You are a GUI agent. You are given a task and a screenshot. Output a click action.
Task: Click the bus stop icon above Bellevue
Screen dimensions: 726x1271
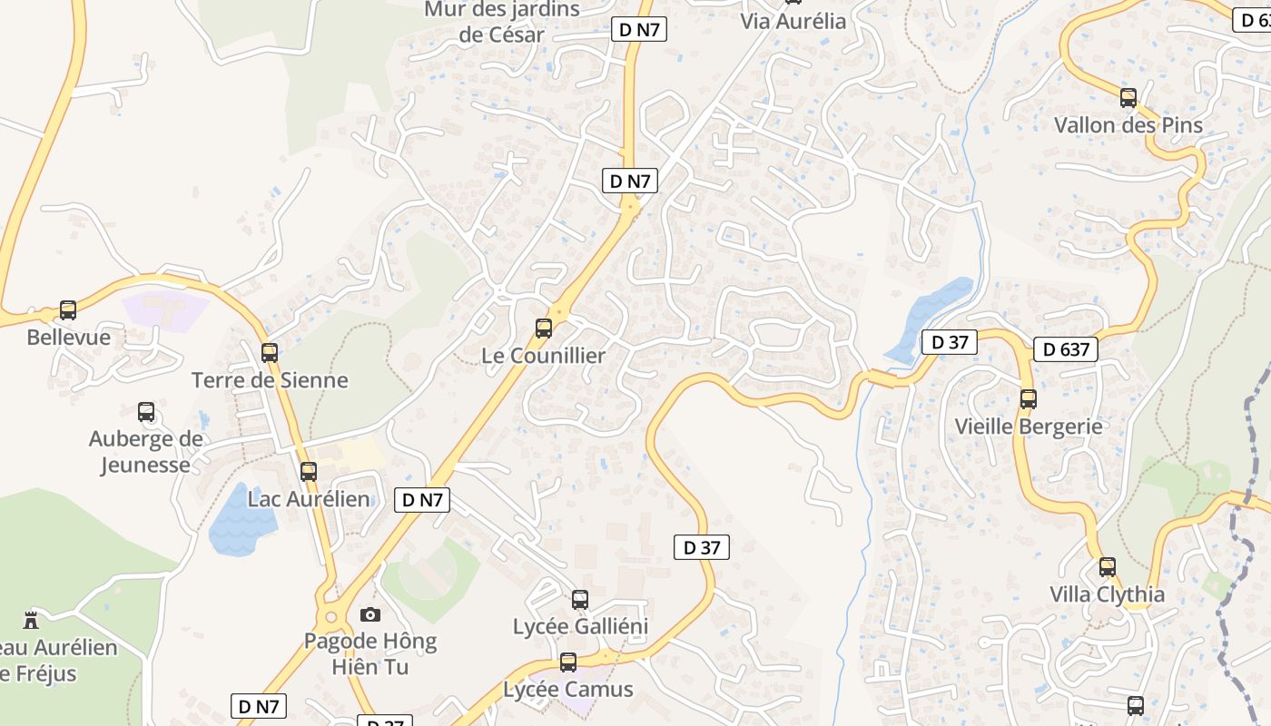(x=68, y=310)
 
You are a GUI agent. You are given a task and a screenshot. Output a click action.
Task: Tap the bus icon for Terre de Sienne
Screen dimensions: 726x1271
(x=270, y=353)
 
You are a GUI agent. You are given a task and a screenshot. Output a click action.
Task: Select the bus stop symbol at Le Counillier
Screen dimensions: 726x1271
(x=544, y=329)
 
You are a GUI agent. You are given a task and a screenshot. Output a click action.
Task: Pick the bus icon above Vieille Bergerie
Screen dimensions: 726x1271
(x=1029, y=399)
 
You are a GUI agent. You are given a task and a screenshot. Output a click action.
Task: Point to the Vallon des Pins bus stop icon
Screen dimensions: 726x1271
(x=1128, y=98)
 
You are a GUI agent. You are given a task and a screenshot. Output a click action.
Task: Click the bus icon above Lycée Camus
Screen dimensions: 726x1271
(x=568, y=662)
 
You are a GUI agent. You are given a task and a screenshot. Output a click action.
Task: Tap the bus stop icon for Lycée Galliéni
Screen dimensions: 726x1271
(x=580, y=600)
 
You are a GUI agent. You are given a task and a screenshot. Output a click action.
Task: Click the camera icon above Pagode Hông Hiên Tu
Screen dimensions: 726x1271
(x=370, y=615)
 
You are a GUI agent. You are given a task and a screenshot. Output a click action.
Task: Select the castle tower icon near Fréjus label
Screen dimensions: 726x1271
(x=32, y=621)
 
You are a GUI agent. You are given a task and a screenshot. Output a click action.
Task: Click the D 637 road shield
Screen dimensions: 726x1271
(x=1066, y=349)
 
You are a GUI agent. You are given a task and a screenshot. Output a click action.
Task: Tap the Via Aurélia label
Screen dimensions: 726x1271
(x=793, y=21)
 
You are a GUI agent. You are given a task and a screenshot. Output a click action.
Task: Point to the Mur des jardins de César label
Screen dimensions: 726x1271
(x=502, y=23)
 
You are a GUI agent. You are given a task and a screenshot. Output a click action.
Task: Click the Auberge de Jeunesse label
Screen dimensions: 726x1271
(x=145, y=452)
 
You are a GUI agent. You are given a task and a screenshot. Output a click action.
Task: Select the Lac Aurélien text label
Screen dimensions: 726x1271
(x=309, y=499)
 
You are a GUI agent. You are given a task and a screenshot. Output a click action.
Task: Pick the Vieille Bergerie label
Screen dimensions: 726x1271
(x=1029, y=427)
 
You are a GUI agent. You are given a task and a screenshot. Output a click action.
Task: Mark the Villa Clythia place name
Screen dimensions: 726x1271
(x=1107, y=595)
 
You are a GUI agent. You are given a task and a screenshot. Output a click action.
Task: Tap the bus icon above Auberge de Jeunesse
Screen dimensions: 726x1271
(x=146, y=412)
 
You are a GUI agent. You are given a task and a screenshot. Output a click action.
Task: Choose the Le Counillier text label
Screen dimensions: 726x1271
(x=543, y=356)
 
